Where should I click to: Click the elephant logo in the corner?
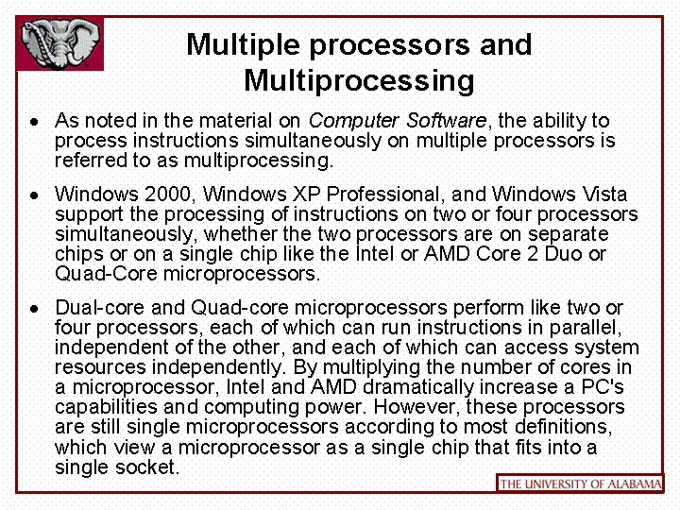coord(60,43)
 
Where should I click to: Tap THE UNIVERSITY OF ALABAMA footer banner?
coord(580,484)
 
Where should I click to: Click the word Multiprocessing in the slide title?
coord(359,81)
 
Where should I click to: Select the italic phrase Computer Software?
coord(398,121)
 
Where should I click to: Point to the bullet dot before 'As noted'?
coord(33,122)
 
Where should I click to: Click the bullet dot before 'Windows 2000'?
coord(33,195)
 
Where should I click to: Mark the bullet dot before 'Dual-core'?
coord(33,309)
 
